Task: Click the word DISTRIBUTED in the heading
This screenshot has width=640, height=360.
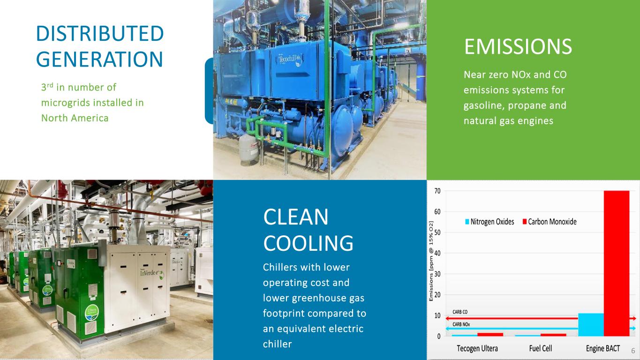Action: click(100, 33)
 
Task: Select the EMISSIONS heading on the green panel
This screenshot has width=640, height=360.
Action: click(518, 46)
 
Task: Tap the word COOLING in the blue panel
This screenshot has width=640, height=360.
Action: click(308, 243)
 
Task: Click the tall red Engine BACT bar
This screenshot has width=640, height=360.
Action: click(617, 263)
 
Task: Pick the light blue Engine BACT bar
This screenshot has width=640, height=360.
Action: click(591, 325)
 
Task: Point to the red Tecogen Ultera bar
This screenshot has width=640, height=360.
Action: click(490, 335)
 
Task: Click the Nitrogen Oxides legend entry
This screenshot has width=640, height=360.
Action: click(489, 222)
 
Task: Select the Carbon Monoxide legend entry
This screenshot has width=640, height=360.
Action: click(550, 222)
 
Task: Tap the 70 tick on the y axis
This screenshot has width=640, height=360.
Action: click(437, 191)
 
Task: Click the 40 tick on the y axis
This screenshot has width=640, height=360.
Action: click(437, 253)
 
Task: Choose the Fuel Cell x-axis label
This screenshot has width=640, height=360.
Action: click(540, 349)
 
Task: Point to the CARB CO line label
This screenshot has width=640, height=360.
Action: click(459, 312)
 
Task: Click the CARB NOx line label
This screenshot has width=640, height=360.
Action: click(461, 324)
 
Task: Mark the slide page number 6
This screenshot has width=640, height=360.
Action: click(633, 351)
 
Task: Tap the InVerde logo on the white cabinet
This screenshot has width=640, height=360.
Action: click(152, 274)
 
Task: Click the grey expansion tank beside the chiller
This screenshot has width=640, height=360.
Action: click(249, 150)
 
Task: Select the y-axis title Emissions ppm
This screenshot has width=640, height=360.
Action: click(431, 261)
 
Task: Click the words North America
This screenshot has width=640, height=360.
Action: click(75, 118)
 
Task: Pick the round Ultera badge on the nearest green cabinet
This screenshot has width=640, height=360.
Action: click(92, 313)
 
